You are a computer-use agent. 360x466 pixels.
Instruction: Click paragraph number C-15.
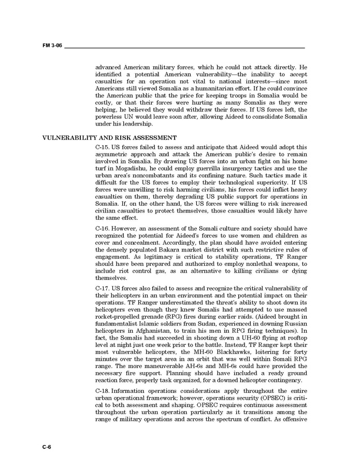pyautogui.click(x=102, y=147)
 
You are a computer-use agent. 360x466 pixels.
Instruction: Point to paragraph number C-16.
pyautogui.click(x=102, y=228)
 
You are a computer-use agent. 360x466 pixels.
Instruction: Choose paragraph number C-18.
pyautogui.click(x=102, y=390)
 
